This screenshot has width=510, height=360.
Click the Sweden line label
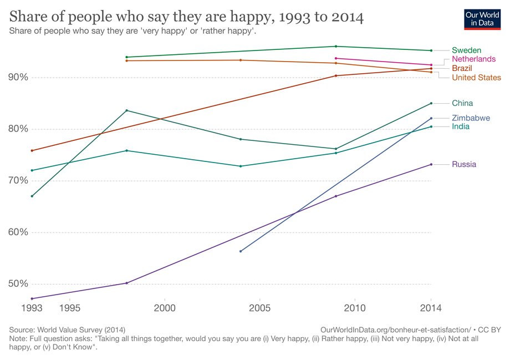pyautogui.click(x=466, y=50)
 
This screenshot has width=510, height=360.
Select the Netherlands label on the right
pyautogui.click(x=473, y=59)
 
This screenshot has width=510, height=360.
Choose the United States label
pyautogui.click(x=476, y=77)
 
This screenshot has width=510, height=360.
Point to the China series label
pyautogui.click(x=462, y=103)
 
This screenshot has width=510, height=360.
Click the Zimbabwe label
pyautogui.click(x=471, y=118)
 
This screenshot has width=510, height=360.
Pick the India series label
pyautogui.click(x=461, y=126)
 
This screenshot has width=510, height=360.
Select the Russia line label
pyautogui.click(x=464, y=164)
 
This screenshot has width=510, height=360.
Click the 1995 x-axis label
pyautogui.click(x=70, y=307)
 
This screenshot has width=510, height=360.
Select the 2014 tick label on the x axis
pyautogui.click(x=431, y=307)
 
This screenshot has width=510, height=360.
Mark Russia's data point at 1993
pyautogui.click(x=32, y=298)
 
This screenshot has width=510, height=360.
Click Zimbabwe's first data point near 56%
pyautogui.click(x=241, y=251)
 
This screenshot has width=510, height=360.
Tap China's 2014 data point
pyautogui.click(x=431, y=103)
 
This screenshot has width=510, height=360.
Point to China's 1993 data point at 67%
pyautogui.click(x=32, y=196)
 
